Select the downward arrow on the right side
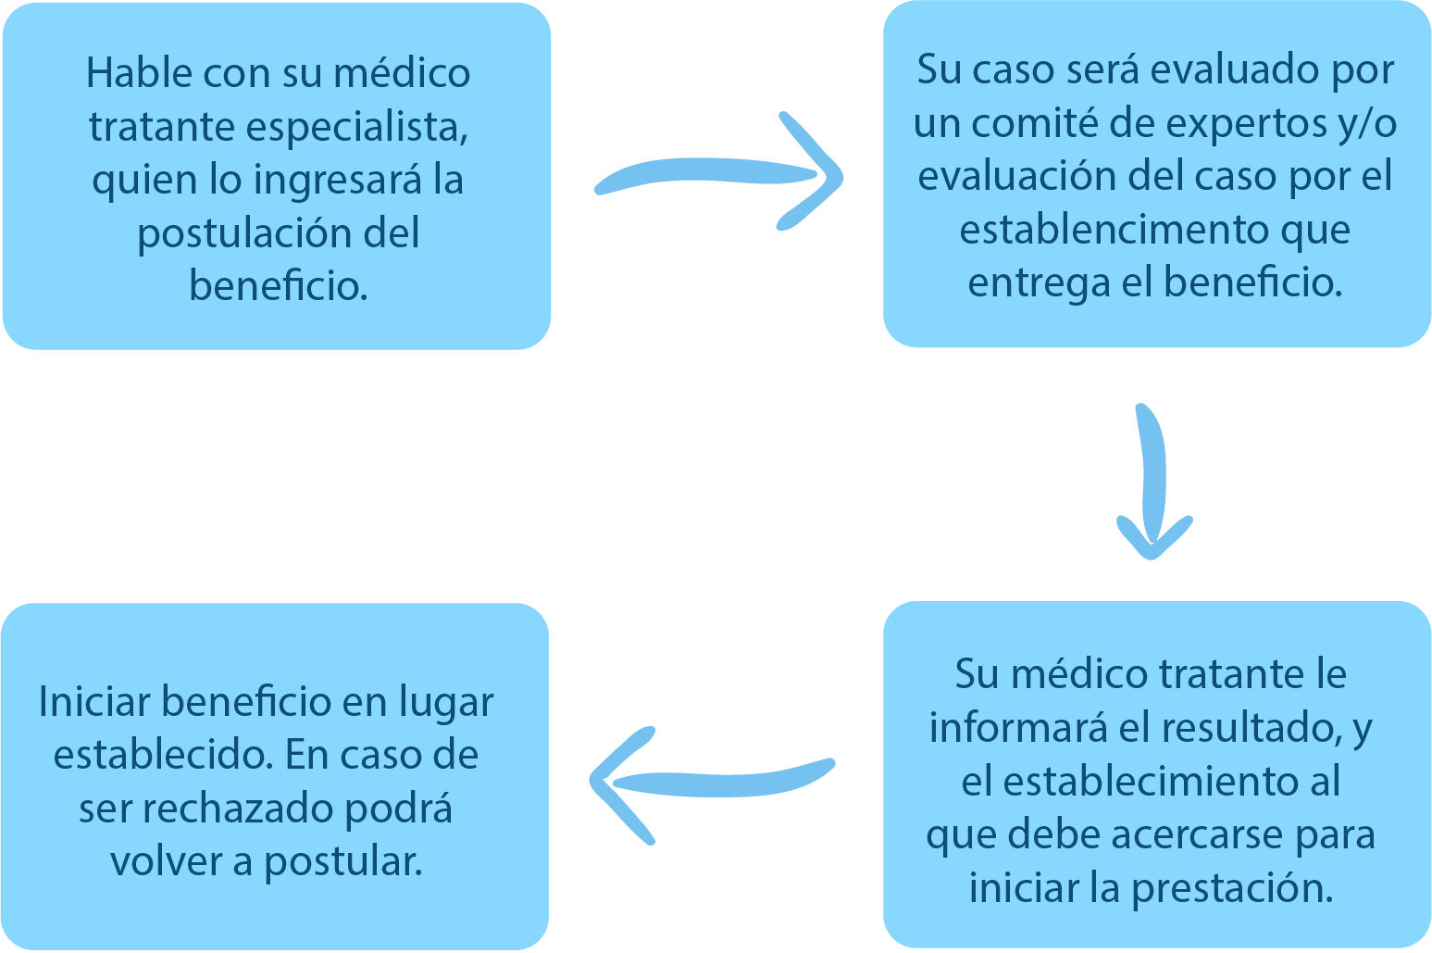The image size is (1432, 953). [x=1152, y=482]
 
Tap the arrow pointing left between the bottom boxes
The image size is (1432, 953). [x=713, y=781]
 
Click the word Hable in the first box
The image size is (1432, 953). [x=137, y=73]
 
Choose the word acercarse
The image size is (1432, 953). [x=1202, y=835]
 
